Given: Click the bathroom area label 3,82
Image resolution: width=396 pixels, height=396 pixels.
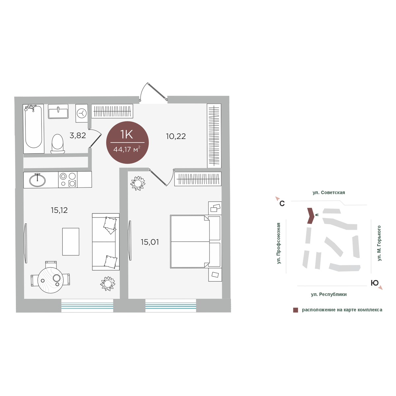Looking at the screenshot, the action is click(78, 136).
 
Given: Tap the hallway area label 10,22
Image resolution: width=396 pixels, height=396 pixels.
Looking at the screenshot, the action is click(176, 136).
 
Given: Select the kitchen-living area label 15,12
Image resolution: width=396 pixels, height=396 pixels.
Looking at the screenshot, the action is click(59, 210).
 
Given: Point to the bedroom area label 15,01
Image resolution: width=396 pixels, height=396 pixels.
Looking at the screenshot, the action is click(150, 242).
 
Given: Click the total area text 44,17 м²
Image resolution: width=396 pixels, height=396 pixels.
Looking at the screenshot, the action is click(127, 149).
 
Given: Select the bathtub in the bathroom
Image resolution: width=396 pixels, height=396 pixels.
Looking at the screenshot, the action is click(34, 129).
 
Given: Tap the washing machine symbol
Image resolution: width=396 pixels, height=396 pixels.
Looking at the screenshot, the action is click(82, 113).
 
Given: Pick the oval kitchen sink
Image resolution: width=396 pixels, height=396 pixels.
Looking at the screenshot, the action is click(37, 181).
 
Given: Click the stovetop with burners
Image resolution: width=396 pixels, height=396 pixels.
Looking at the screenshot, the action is click(68, 180).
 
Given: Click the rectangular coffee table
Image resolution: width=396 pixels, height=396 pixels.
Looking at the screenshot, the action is click(71, 242).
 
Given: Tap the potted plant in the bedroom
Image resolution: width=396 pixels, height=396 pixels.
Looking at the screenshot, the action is click(138, 183).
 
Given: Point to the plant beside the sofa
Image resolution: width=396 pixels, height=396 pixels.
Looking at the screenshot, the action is click(108, 283).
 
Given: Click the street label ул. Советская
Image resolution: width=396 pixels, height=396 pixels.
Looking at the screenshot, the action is click(329, 192).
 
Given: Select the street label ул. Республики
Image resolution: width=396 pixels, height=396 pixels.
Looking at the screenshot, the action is click(329, 294).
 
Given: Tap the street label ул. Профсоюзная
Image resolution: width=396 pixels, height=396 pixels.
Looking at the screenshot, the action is click(279, 243).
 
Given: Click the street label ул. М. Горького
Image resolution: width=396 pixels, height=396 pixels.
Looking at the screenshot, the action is click(379, 243).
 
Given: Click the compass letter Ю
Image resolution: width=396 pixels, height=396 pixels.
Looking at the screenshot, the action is click(375, 283).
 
